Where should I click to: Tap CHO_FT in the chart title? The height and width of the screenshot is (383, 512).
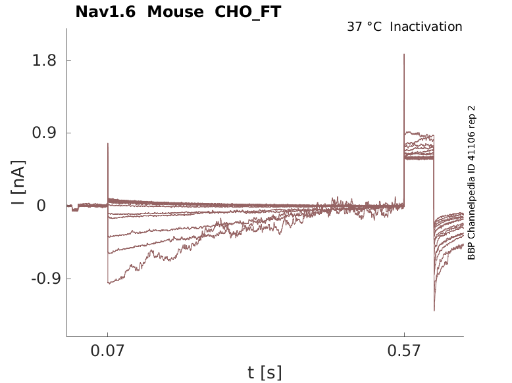click(248, 12)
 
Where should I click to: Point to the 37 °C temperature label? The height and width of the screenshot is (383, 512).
click(364, 27)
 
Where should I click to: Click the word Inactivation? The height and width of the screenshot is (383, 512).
click(426, 27)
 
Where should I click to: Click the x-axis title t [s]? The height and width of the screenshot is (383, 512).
click(265, 373)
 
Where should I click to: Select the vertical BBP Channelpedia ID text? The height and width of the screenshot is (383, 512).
click(471, 183)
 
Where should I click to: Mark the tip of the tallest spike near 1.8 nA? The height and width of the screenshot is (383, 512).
click(404, 55)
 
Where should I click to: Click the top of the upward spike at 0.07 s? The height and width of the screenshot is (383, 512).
click(108, 143)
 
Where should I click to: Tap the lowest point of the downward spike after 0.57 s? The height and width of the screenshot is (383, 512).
click(434, 310)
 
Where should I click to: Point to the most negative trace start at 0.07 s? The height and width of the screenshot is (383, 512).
click(109, 283)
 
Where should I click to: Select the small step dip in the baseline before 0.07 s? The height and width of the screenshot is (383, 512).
click(75, 210)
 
